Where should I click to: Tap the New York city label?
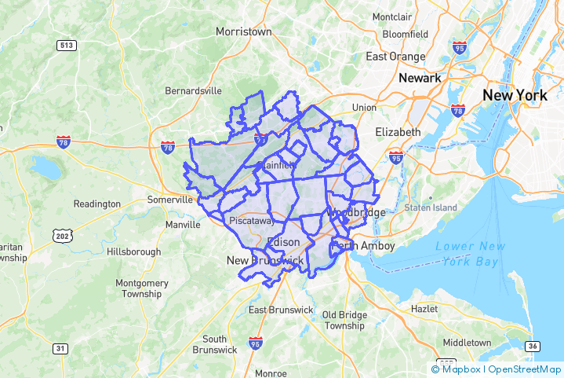pos(514,95)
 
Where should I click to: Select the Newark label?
pos(420,79)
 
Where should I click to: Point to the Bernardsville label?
pos(193,91)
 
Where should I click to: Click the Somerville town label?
pos(170,200)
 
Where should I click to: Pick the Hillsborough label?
pos(133,252)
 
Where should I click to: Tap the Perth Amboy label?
pos(363,246)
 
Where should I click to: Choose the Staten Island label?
pos(430,207)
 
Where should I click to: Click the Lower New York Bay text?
pos(467,254)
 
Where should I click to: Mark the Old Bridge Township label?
pos(344,320)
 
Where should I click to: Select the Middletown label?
pos(467,343)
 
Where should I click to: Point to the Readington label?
pos(97,204)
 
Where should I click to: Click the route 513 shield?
pos(66,46)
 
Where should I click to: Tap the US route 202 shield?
pos(62,236)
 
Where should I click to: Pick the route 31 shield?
pos(60,347)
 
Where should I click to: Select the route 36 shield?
pos(533,347)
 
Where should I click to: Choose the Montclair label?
pos(392,17)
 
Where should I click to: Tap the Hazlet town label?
pos(424,309)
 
